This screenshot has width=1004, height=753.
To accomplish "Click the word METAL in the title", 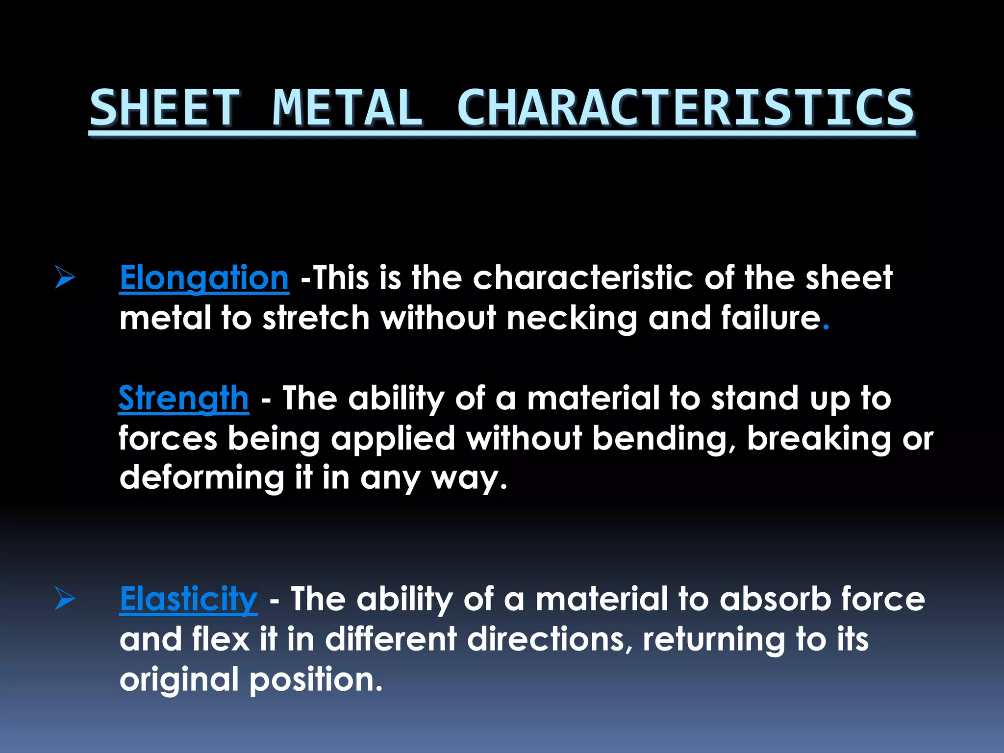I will pyautogui.click(x=348, y=108).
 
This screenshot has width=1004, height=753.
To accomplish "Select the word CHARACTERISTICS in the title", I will pyautogui.click(x=685, y=108).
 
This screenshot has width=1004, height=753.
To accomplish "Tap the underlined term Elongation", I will pyautogui.click(x=204, y=278).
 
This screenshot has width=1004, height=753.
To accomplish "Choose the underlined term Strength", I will pyautogui.click(x=183, y=398).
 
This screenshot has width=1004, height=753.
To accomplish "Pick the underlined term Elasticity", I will pyautogui.click(x=188, y=599).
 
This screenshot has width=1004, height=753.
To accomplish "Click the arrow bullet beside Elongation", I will pyautogui.click(x=65, y=277).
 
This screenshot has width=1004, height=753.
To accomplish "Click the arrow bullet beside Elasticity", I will pyautogui.click(x=65, y=598).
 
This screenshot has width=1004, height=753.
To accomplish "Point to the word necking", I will pyautogui.click(x=572, y=318).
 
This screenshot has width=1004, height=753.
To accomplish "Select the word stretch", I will pyautogui.click(x=316, y=318).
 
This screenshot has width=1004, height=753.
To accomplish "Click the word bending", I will pyautogui.click(x=663, y=438).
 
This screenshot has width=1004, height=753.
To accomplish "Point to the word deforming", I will pyautogui.click(x=201, y=478).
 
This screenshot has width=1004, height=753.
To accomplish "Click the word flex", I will pyautogui.click(x=221, y=639).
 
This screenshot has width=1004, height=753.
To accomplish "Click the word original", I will pyautogui.click(x=179, y=679).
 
